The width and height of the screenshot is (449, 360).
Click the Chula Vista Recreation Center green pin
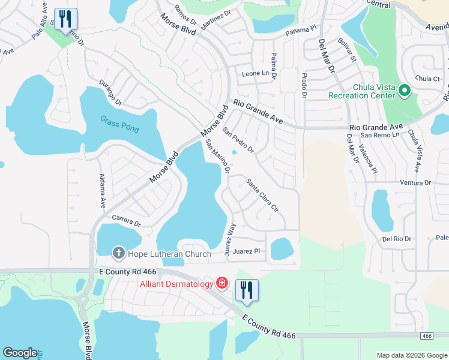pyautogui.click(x=405, y=91)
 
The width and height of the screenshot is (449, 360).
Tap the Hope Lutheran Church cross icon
pyautogui.click(x=118, y=253)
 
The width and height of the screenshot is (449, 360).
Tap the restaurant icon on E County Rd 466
pyautogui.click(x=246, y=290)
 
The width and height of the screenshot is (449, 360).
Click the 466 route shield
pyautogui.click(x=426, y=336)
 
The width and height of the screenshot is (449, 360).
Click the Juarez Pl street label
pyautogui.click(x=247, y=251)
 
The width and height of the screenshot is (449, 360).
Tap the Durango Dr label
pyautogui.click(x=110, y=92)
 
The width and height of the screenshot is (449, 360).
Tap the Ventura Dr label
pyautogui.click(x=416, y=182)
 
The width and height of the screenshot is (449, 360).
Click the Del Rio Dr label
pyautogui.click(x=397, y=239)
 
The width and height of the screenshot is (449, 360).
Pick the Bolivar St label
pyautogui.click(x=347, y=50)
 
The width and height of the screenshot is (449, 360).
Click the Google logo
pyautogui.click(x=20, y=353)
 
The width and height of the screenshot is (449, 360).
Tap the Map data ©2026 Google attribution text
pyautogui.click(x=411, y=355)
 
